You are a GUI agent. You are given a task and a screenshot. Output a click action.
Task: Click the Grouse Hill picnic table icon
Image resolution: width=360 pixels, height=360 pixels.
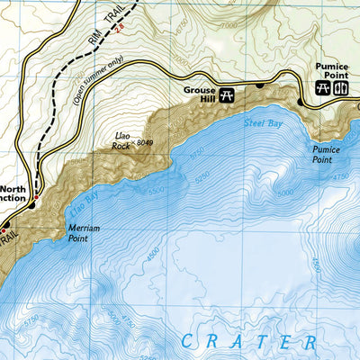coord(228,94)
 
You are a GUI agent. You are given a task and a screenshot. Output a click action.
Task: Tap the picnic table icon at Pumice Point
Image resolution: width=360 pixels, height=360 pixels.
coord(323,88)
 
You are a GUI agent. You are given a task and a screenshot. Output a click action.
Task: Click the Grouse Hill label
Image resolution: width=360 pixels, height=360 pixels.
coord(200,94)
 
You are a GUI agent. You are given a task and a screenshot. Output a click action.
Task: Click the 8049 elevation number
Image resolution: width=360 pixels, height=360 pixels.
coord(148,142)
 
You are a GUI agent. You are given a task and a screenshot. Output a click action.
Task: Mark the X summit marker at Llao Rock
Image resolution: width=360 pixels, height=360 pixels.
coord(132,141)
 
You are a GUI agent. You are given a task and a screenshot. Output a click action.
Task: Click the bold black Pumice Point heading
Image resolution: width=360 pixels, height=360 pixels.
coord(331,69)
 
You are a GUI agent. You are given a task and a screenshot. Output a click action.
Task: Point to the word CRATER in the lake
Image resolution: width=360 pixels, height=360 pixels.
coord(248,342)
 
